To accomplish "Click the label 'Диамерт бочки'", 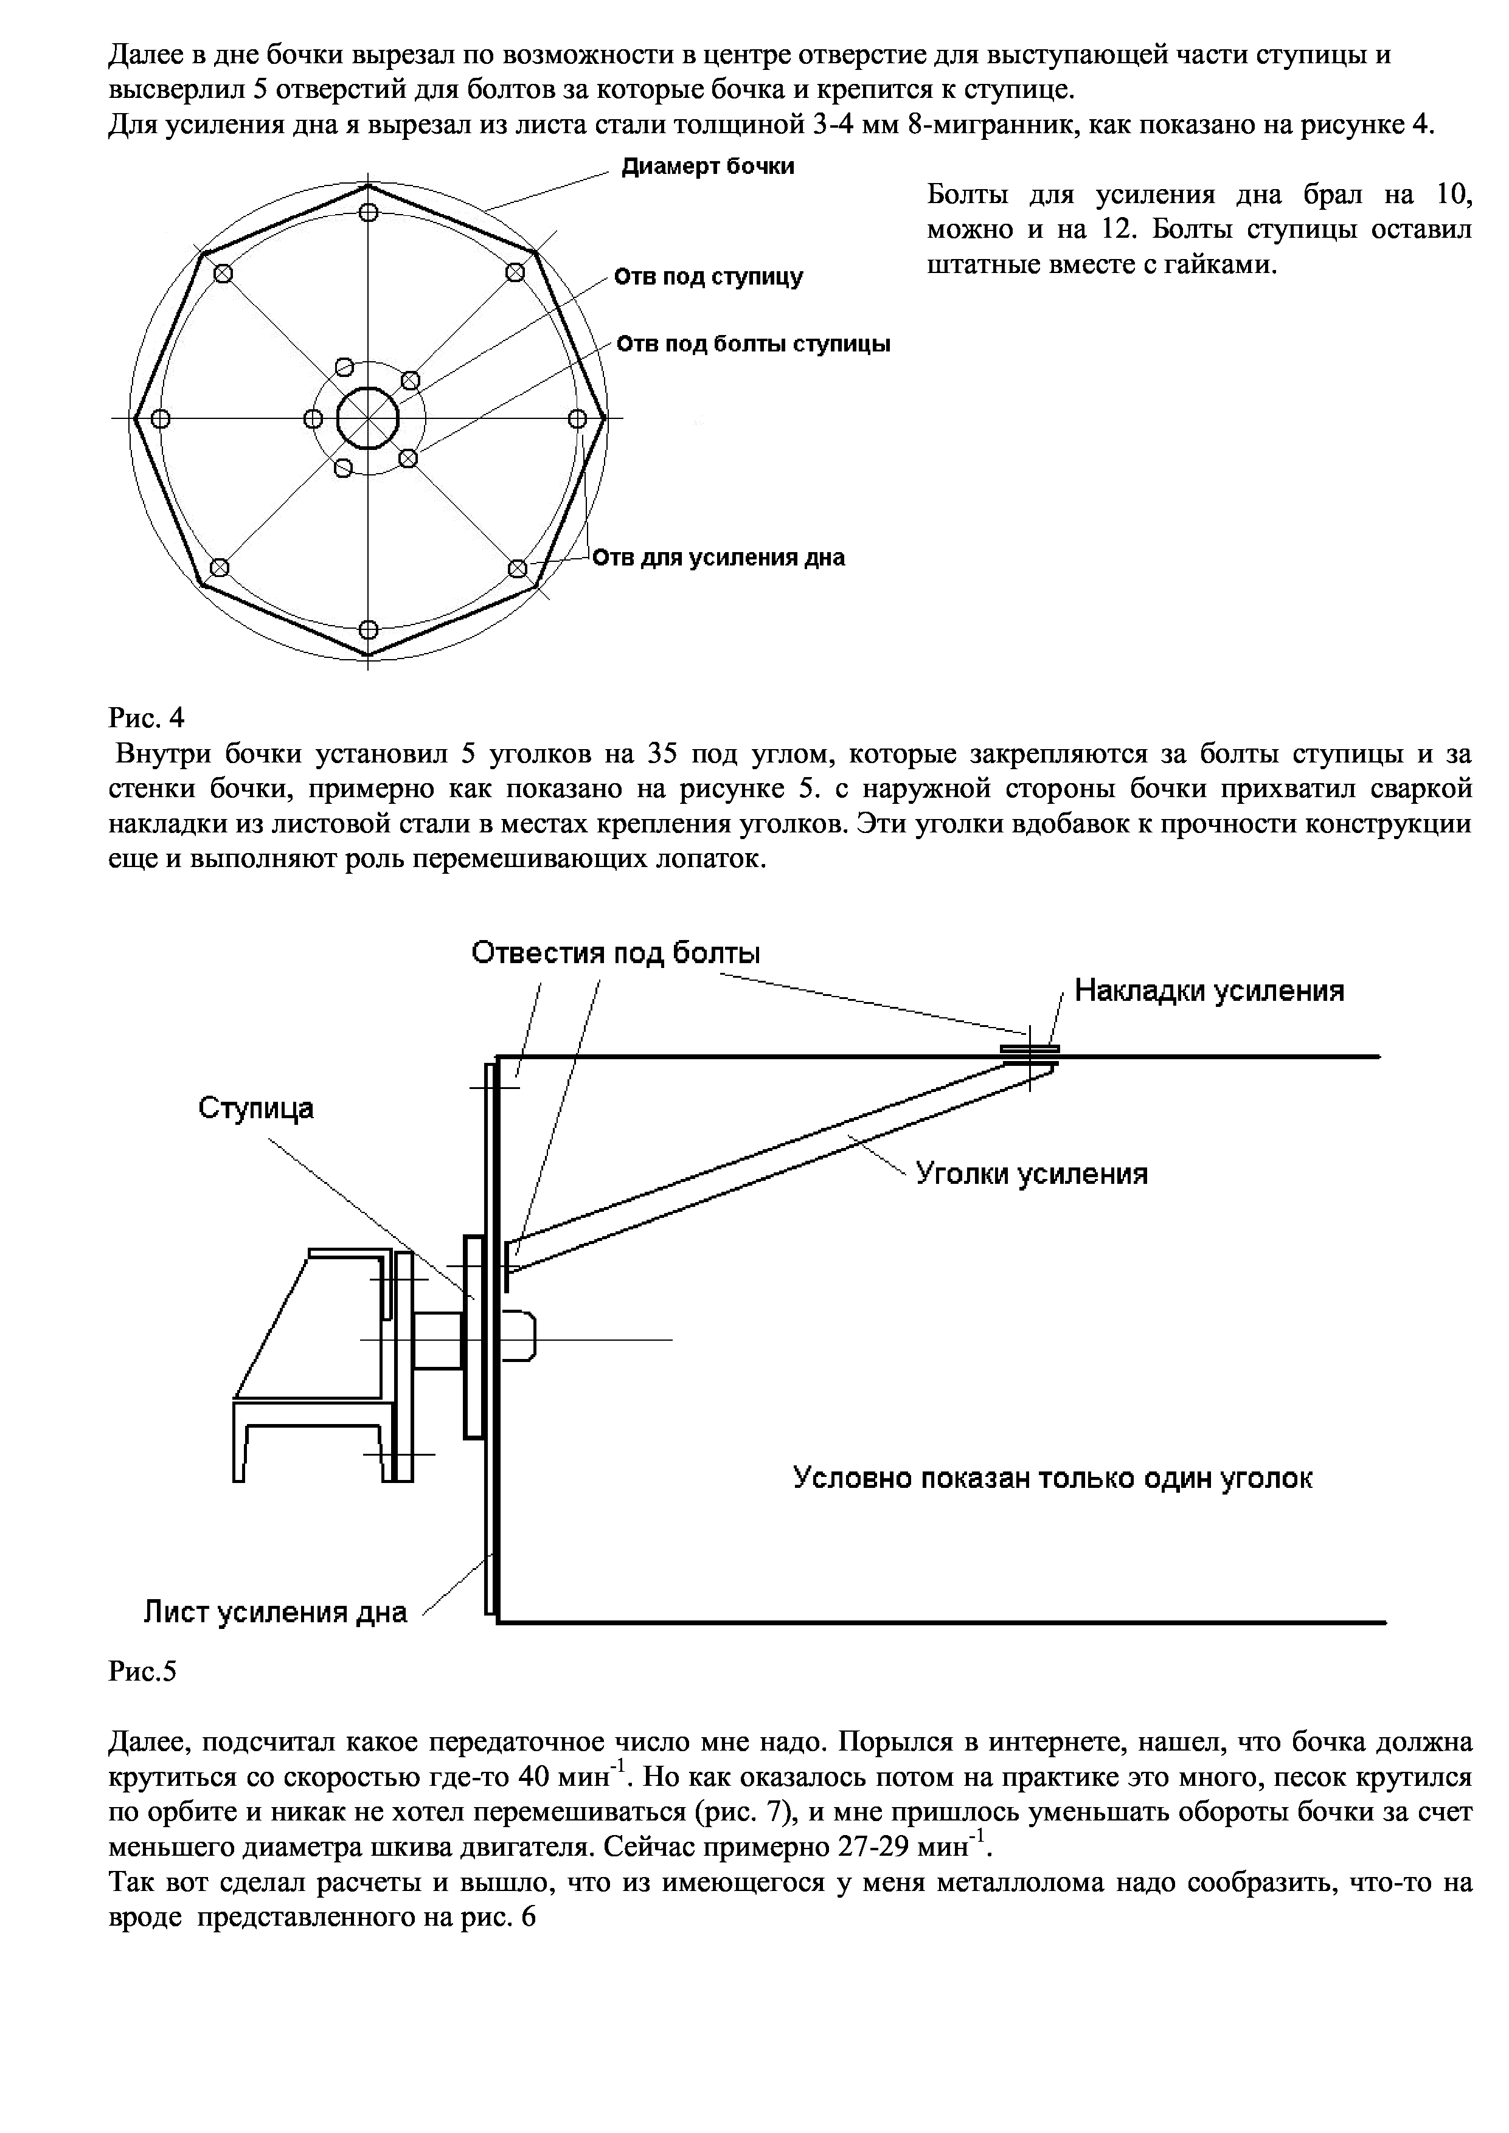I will point(707,167).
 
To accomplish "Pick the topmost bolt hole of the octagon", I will point(369,212).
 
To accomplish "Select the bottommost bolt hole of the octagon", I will point(369,628).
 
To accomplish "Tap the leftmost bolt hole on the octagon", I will point(160,419).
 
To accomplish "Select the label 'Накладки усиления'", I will point(1209,990).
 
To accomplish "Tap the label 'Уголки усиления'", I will point(1032,1174).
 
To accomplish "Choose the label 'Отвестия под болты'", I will point(615,953).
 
